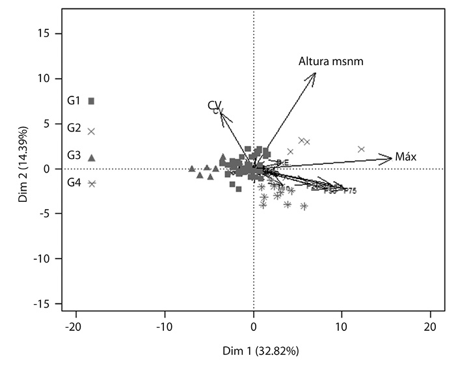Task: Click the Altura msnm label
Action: (331, 62)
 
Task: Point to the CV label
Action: (215, 106)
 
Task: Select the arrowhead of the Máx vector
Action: (392, 157)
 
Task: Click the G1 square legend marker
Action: (92, 101)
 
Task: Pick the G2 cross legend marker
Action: (92, 131)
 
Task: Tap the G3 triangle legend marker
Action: (92, 157)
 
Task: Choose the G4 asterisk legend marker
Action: (92, 184)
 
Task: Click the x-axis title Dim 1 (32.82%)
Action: (252, 351)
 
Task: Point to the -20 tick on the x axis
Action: (75, 326)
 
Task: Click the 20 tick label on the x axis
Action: (429, 326)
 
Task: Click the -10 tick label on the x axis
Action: (164, 326)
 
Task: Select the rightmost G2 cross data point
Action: (362, 149)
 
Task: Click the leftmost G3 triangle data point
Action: (192, 169)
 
